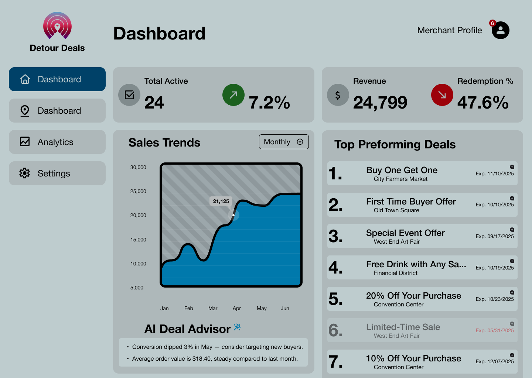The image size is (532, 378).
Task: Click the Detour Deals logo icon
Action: (x=57, y=26)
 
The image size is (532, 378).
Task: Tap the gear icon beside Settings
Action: (x=25, y=173)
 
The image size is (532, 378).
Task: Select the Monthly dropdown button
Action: (x=284, y=142)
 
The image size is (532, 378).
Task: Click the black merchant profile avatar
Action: (x=501, y=30)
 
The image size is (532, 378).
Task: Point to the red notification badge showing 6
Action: (x=492, y=23)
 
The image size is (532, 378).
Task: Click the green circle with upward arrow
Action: (x=233, y=95)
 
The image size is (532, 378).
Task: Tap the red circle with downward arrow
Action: (x=442, y=95)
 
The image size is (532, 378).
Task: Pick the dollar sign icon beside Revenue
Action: (x=338, y=95)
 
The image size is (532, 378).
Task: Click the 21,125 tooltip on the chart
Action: (x=221, y=201)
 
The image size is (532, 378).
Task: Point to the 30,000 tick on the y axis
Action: (x=138, y=167)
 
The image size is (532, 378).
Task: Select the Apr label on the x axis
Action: (x=237, y=308)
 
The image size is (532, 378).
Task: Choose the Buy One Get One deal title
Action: (x=402, y=170)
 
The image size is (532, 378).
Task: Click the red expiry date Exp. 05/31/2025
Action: (x=495, y=330)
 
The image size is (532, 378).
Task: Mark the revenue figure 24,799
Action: (x=380, y=103)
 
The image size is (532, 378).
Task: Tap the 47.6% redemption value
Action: (x=483, y=103)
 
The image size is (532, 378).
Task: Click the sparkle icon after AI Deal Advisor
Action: (x=237, y=327)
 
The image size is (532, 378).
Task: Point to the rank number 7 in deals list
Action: (x=335, y=361)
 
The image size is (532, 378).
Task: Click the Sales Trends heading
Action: (x=164, y=142)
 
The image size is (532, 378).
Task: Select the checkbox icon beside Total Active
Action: (x=129, y=95)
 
